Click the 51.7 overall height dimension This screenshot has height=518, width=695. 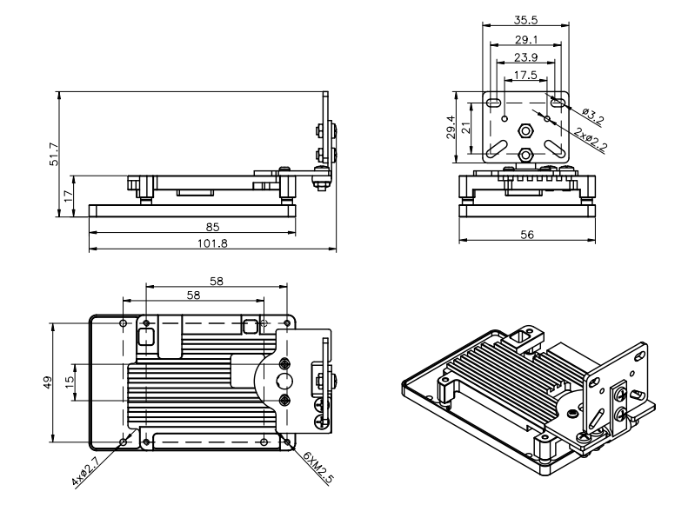(x=53, y=155)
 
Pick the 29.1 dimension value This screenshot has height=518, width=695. (x=525, y=41)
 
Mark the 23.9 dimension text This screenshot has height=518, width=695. (x=525, y=57)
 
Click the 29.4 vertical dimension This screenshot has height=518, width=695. (x=451, y=129)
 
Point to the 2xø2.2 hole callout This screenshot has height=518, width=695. (x=591, y=139)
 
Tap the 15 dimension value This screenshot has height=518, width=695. (x=70, y=382)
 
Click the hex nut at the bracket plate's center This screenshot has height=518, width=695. (x=525, y=129)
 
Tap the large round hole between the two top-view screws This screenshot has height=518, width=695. (x=284, y=382)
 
